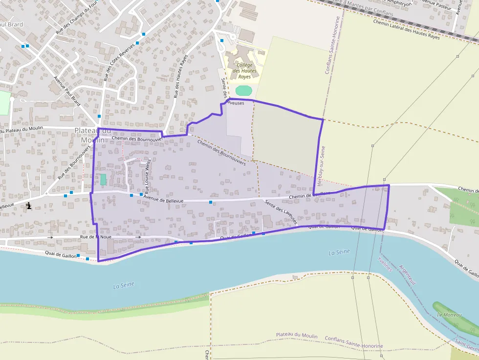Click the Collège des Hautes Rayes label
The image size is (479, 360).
244,71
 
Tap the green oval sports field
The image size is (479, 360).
243,90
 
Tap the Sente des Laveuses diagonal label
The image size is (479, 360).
281,212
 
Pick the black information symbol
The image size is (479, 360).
29,206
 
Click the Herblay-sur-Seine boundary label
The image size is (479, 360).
321,165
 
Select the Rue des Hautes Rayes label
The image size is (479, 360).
180,76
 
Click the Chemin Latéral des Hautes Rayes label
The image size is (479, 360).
406,29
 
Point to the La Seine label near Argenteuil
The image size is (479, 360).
339,252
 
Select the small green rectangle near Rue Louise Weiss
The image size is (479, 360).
103,179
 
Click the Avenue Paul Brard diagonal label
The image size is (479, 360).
67,91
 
